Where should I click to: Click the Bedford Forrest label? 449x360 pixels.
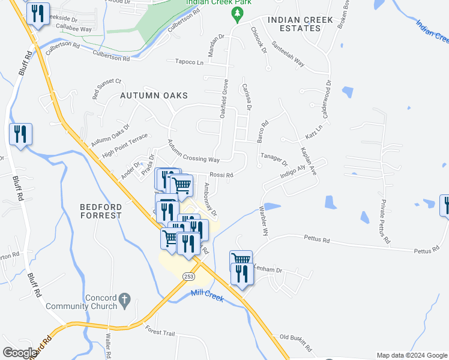click(101, 211)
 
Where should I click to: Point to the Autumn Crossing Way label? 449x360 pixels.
click(193, 152)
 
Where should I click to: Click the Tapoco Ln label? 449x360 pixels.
click(189, 61)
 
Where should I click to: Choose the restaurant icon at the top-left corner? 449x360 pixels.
click(38, 13)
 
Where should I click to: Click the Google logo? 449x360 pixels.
click(20, 353)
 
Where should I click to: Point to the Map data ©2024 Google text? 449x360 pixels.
click(411, 355)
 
